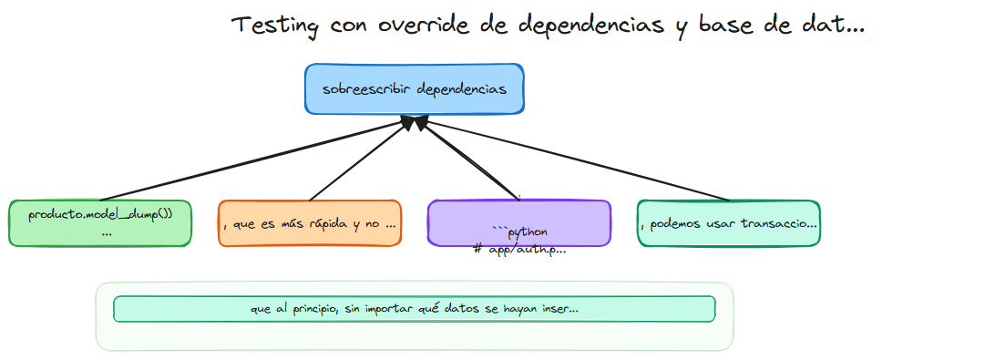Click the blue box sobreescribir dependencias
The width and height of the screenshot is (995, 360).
coord(415,89)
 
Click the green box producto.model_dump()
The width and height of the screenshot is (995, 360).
coord(100,223)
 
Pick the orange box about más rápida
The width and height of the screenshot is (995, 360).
coord(310,223)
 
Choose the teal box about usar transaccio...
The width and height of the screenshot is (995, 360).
coord(729,223)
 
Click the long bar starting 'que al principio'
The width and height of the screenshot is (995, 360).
coord(415,309)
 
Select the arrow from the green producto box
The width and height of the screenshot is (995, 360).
coord(255,159)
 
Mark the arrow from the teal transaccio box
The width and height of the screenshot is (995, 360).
coord(574,159)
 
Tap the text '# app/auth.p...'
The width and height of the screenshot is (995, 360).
coord(519,249)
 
